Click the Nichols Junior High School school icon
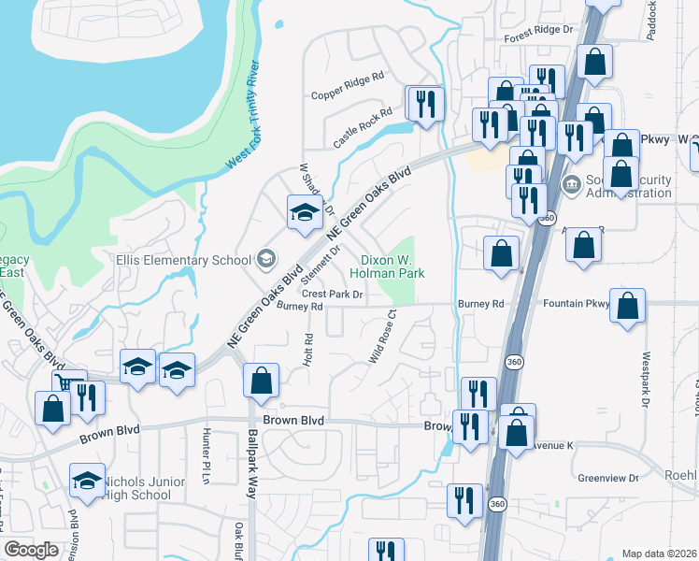[87, 481]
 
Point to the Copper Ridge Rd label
[348, 86]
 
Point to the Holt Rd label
[307, 350]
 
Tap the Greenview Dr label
[607, 477]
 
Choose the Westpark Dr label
[645, 370]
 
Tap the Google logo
[31, 550]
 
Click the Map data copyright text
[660, 554]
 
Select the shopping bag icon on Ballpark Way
[261, 380]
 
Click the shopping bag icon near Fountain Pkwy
[628, 305]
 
